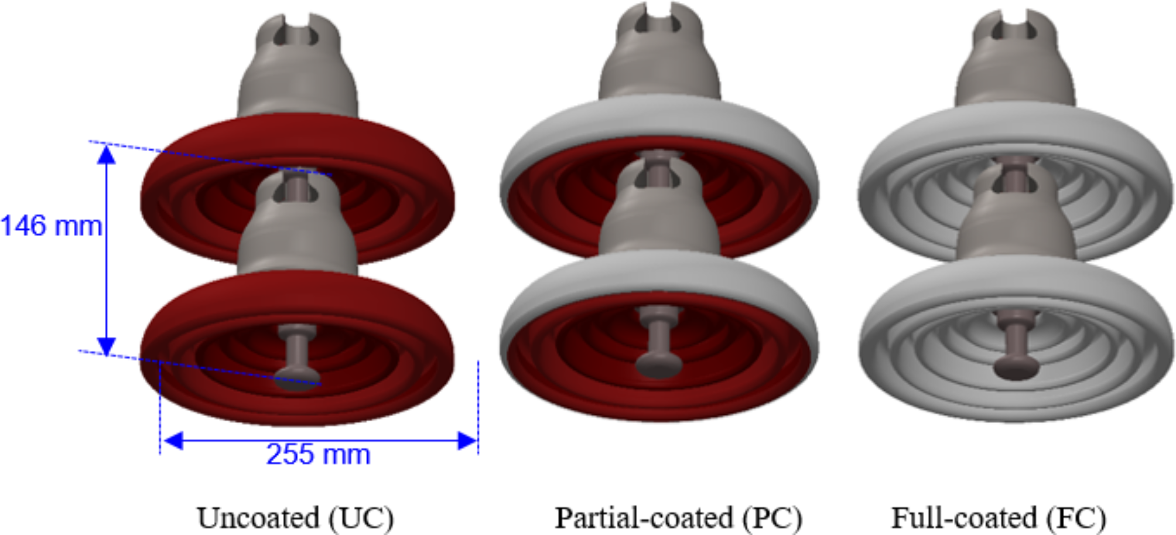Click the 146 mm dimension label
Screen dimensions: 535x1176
pyautogui.click(x=52, y=226)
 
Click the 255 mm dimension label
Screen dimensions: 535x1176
pyautogui.click(x=318, y=455)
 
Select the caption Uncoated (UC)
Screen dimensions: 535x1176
pyautogui.click(x=295, y=518)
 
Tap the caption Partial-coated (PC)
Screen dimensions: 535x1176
pyautogui.click(x=678, y=518)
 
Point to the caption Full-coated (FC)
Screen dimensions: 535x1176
pyautogui.click(x=999, y=518)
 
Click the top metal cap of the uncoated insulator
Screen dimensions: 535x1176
pyautogui.click(x=298, y=70)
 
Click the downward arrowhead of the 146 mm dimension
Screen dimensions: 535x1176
pyautogui.click(x=106, y=346)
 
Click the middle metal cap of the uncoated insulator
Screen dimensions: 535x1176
pyautogui.click(x=298, y=234)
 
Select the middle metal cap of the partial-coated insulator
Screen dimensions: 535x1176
pyautogui.click(x=659, y=220)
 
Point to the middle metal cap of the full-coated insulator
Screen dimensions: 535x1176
pyautogui.click(x=1016, y=226)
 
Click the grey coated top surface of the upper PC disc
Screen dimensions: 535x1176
pyautogui.click(x=659, y=120)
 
